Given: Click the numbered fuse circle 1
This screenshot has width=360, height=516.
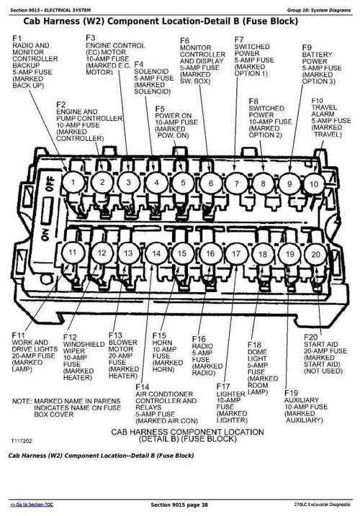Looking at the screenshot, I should (73, 183).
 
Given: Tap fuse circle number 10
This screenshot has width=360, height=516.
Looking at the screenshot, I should (313, 184).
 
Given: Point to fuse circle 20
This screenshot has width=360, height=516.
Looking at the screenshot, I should (315, 254).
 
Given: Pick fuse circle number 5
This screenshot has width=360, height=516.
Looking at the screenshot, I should (183, 183).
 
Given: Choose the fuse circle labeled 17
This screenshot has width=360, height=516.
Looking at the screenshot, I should (236, 254).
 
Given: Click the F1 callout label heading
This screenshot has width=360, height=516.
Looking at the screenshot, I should (17, 37).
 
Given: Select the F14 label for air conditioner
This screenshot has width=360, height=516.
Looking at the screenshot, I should (141, 387).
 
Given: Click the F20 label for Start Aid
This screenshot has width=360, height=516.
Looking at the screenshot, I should (310, 337).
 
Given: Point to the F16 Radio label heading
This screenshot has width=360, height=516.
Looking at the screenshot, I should (199, 338).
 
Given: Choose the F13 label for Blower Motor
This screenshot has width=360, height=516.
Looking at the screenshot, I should (115, 335).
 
